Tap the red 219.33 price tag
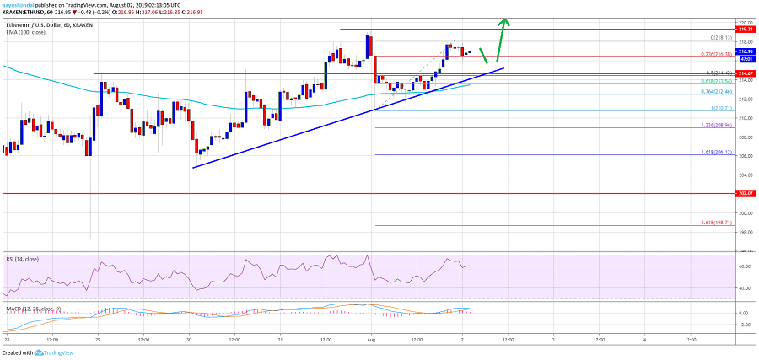click(x=746, y=29)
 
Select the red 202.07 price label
click(x=746, y=194)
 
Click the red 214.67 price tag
click(x=746, y=73)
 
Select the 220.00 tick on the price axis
click(x=746, y=22)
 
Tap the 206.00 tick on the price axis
click(x=746, y=156)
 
